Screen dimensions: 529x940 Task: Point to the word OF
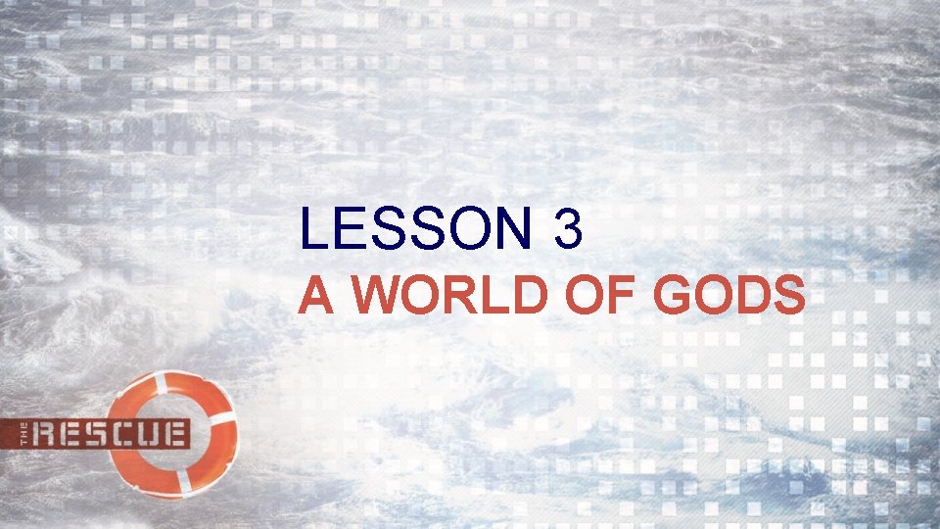[x=591, y=295]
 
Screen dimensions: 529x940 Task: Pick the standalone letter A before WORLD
[x=314, y=295]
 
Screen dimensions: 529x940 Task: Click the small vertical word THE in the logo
[x=25, y=433]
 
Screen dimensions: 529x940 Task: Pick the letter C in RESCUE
[x=126, y=433]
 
